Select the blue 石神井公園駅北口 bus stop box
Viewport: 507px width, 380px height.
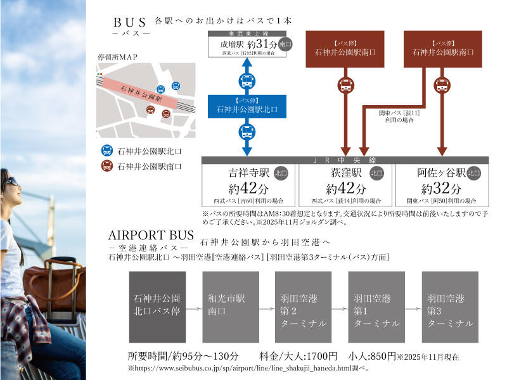(247, 106)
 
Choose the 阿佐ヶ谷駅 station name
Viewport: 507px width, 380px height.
(441, 172)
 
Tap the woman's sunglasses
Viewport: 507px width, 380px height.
(11, 181)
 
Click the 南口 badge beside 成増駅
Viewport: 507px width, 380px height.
(285, 46)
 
